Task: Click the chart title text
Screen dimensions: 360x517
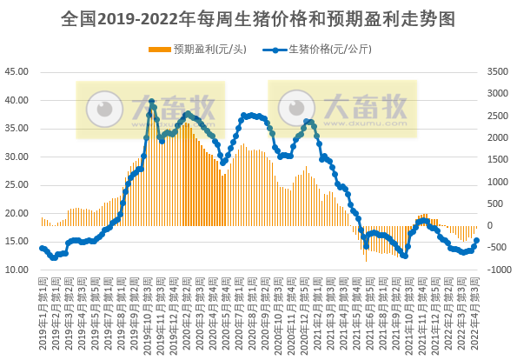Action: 258,17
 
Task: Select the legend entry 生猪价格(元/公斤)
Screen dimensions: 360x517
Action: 322,49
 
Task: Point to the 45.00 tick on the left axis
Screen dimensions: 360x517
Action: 18,72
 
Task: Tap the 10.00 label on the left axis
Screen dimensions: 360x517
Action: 18,270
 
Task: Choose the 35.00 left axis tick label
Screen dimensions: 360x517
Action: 18,129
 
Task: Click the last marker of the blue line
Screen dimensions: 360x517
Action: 476,241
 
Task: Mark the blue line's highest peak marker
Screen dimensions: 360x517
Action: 151,102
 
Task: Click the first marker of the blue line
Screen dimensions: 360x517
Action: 42,248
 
